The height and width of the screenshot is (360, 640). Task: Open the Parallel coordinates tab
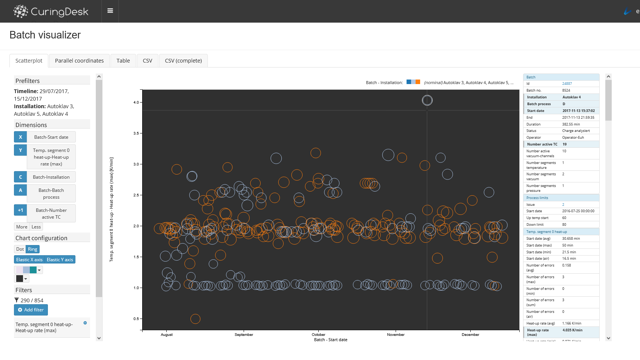tap(79, 61)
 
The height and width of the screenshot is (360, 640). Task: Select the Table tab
tap(123, 61)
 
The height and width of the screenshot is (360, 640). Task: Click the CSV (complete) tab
tap(183, 61)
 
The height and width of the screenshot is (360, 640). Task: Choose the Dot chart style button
tap(20, 249)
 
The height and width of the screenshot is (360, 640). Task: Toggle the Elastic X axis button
tap(29, 260)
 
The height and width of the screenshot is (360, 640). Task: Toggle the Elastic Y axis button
tap(60, 260)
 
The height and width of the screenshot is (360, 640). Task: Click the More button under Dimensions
tap(21, 227)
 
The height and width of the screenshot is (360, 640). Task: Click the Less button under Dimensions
tap(36, 227)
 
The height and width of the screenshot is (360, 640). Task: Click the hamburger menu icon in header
tap(110, 11)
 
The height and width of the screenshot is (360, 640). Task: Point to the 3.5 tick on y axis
tap(136, 133)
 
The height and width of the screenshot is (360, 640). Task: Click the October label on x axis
tap(318, 335)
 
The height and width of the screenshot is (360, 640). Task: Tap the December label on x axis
tap(470, 335)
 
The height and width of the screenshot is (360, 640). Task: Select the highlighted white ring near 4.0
tap(427, 100)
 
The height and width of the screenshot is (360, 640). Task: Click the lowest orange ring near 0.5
tap(195, 319)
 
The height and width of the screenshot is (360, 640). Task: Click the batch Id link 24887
tap(567, 84)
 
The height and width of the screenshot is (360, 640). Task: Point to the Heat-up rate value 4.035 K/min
tap(572, 330)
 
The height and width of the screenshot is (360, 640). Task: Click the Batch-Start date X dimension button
tap(51, 137)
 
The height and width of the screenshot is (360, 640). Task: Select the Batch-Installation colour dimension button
tap(51, 177)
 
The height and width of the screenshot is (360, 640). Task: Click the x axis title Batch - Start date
tap(330, 340)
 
